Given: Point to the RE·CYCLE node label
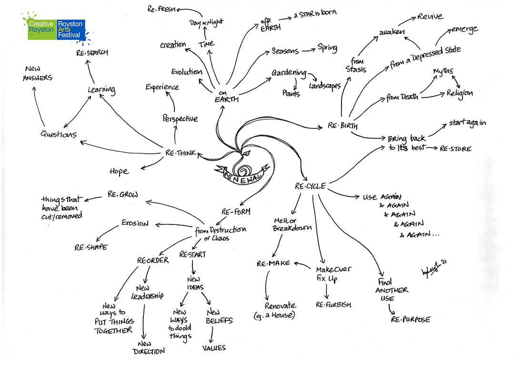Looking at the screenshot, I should (310, 186).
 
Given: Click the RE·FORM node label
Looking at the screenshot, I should (236, 211).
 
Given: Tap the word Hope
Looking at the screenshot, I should (119, 171).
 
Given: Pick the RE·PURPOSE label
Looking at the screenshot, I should (411, 319).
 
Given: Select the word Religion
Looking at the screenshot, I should (460, 93).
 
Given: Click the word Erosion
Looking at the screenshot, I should (135, 223).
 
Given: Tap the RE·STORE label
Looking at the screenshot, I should (455, 149).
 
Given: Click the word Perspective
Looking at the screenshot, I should (180, 118).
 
